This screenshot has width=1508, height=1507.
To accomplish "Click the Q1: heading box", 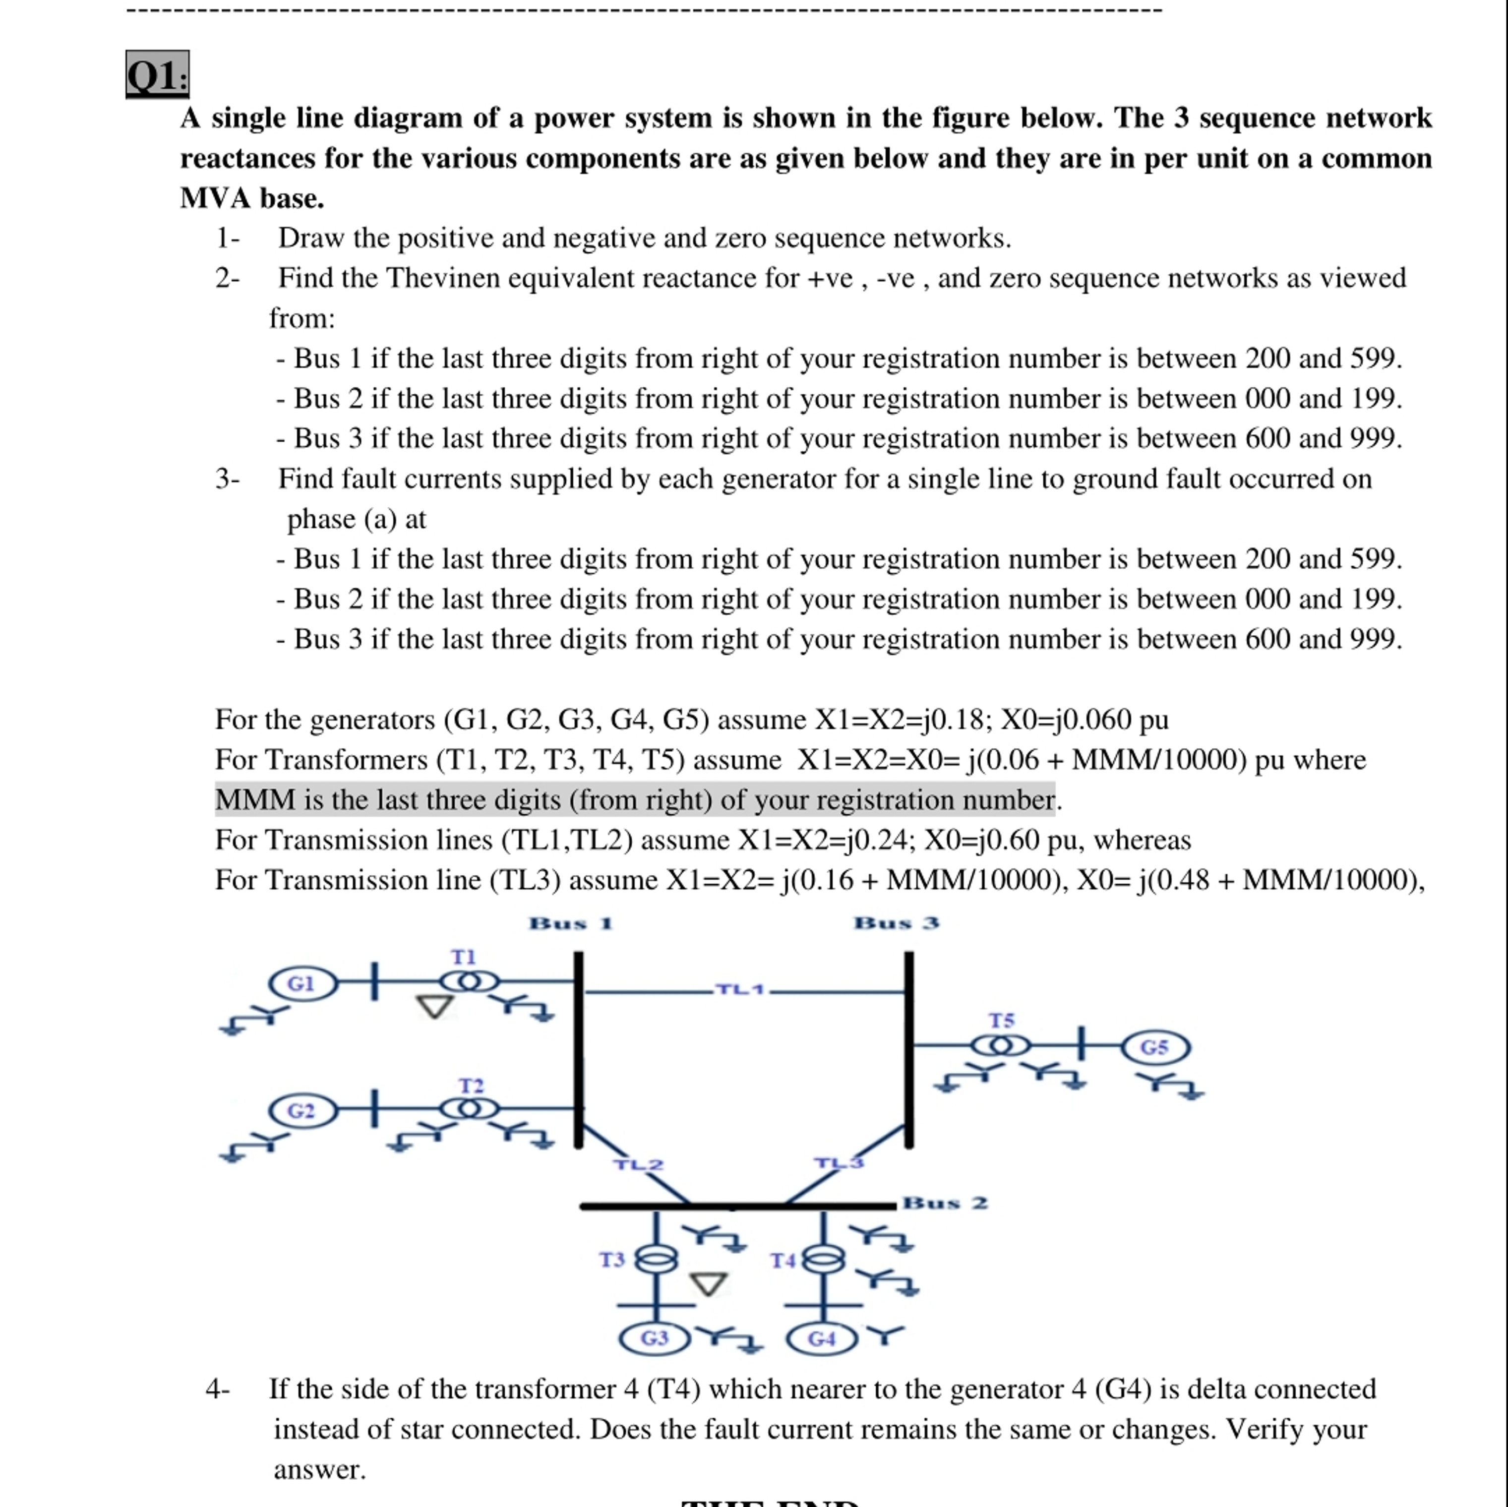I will (157, 75).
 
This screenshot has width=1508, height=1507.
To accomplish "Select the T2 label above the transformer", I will (471, 1085).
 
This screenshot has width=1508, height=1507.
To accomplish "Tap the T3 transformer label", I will (612, 1260).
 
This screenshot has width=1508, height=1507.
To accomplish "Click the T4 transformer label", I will (783, 1261).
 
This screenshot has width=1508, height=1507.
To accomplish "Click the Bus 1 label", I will (571, 924).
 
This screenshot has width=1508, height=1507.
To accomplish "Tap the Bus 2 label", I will (945, 1203).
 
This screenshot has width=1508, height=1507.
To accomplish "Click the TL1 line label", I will (741, 990).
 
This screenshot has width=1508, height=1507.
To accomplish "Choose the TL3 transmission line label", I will (839, 1163).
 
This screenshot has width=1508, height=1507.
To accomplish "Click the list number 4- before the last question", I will (218, 1389).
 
